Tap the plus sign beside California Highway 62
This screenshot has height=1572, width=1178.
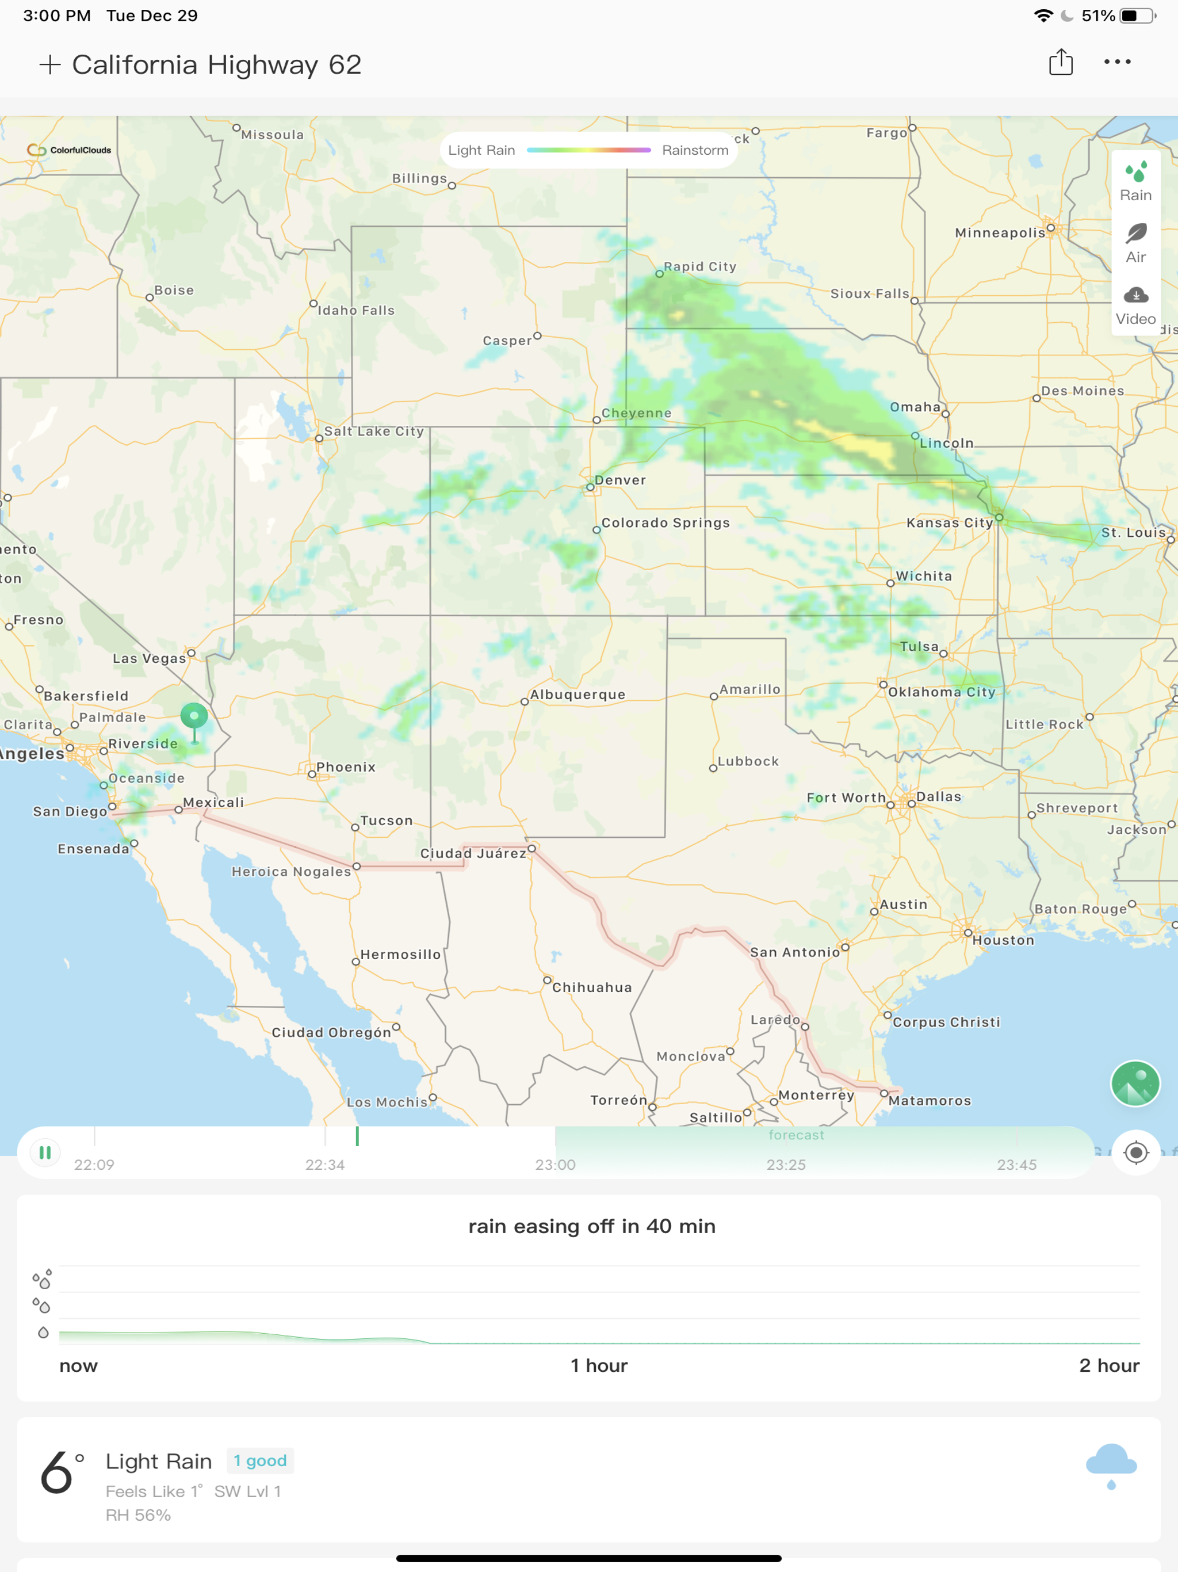pos(49,64)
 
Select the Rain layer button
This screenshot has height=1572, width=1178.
pos(1135,181)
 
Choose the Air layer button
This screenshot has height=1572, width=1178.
pos(1135,243)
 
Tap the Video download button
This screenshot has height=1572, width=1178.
pos(1135,305)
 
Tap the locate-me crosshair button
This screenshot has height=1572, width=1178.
pos(1135,1152)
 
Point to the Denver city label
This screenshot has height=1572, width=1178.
pos(620,480)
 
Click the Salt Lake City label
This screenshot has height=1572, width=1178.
pos(374,432)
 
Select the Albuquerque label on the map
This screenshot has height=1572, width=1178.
pos(577,695)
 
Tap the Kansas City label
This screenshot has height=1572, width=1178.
pos(949,523)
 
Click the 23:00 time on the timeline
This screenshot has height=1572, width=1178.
pos(555,1165)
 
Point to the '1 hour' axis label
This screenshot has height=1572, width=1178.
pos(599,1365)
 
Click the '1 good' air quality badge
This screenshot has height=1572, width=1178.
pos(260,1460)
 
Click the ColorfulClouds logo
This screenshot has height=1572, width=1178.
pos(70,150)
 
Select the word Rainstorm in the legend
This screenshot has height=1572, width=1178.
pos(695,151)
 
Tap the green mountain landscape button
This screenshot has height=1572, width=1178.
pos(1135,1083)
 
